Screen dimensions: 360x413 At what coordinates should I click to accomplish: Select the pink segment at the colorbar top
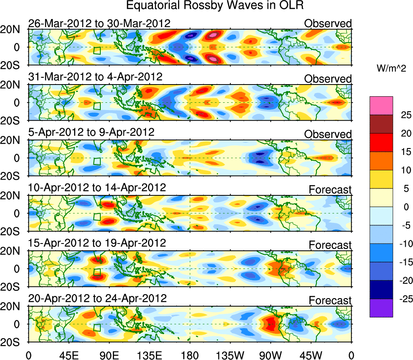pyautogui.click(x=381, y=106)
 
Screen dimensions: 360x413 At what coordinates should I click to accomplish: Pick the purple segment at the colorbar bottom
pyautogui.click(x=381, y=308)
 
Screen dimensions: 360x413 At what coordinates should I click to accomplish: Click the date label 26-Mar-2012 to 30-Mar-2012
pyautogui.click(x=99, y=23)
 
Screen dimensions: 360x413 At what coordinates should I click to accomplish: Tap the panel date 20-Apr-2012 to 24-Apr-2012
pyautogui.click(x=97, y=299)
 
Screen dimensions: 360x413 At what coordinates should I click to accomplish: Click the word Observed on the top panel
pyautogui.click(x=328, y=23)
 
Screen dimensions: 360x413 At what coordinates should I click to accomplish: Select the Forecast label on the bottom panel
pyautogui.click(x=330, y=301)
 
